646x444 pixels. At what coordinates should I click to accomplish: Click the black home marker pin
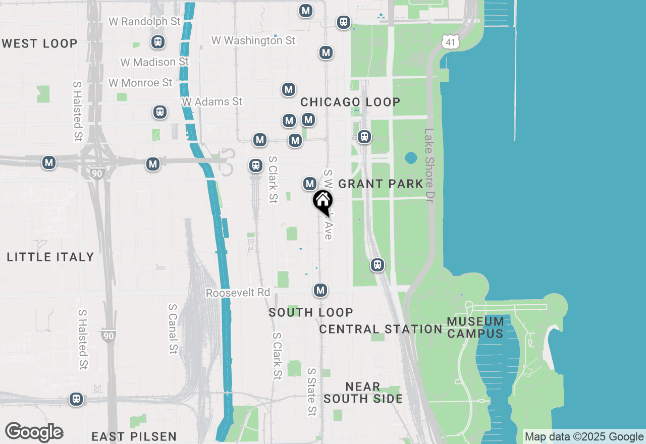pos(323,202)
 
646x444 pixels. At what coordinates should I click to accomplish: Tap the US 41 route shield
pos(450,42)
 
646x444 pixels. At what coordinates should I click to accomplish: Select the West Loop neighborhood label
pos(39,43)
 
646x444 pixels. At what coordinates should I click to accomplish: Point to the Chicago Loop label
pos(350,102)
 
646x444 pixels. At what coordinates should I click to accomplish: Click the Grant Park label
pos(381,184)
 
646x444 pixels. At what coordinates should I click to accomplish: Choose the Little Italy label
pos(50,257)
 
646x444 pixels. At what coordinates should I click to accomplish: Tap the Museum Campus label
pos(475,327)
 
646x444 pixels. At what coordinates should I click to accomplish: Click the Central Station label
pos(381,329)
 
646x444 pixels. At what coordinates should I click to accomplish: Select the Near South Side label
pos(363,393)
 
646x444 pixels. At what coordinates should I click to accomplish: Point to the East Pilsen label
pos(134,436)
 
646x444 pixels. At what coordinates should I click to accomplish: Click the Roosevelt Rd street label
pos(238,293)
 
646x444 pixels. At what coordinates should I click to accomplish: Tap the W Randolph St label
pos(144,22)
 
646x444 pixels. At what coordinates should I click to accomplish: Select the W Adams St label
pos(212,102)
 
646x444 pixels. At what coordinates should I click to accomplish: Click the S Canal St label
pos(173,328)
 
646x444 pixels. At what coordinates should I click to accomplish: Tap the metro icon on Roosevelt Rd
pos(320,290)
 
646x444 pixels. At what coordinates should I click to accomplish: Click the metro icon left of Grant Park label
pos(310,184)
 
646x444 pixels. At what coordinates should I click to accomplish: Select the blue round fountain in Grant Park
pos(411,158)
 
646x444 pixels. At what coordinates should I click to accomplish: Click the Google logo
pos(34,432)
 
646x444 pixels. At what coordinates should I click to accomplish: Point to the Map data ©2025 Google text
pos(584,437)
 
